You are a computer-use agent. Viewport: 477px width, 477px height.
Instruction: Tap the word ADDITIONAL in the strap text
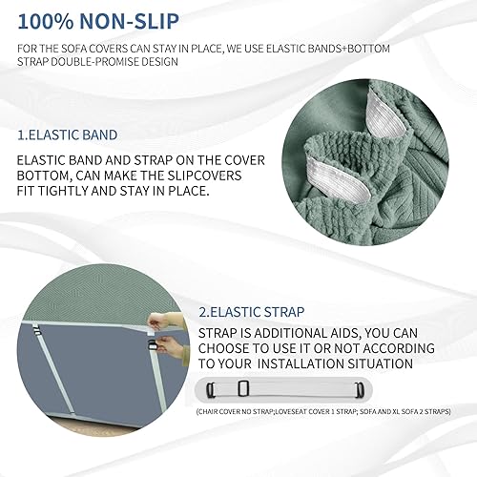(292, 333)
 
